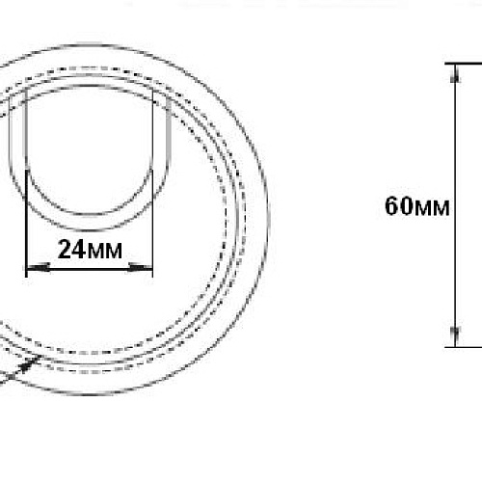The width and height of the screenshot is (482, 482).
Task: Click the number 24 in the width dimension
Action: click(72, 250)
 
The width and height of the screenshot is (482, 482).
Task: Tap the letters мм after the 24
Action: click(104, 252)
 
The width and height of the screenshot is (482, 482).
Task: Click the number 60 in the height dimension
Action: click(398, 206)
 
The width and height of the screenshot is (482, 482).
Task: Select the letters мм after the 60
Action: click(432, 208)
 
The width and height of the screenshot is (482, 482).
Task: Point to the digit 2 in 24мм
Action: click(65, 250)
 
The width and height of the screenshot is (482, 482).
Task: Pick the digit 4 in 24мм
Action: click(79, 250)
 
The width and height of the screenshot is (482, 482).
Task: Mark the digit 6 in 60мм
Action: click(391, 206)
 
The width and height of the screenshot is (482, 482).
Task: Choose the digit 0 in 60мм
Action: click(406, 206)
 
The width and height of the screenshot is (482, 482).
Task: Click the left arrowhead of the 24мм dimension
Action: click(38, 267)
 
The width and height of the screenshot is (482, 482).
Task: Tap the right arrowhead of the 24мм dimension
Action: click(140, 267)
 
